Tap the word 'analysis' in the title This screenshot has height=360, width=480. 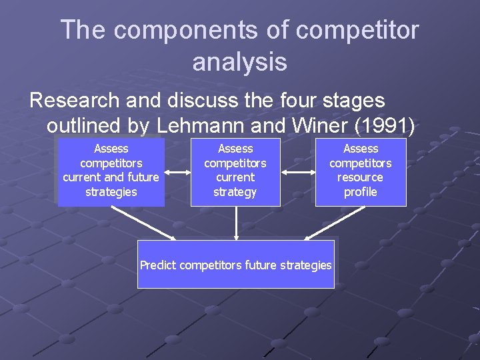point(239,62)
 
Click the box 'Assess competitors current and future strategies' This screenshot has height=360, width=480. point(111,171)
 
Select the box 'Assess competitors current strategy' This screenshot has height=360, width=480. point(235,171)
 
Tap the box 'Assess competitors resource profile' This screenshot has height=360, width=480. point(361,171)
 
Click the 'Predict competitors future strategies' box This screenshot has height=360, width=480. point(235,265)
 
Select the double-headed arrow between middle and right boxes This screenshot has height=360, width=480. point(297,172)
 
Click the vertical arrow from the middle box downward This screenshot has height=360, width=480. point(235,223)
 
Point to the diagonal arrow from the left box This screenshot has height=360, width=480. point(143,223)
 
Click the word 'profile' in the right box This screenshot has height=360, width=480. point(361,192)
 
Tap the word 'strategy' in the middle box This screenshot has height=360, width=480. point(235,192)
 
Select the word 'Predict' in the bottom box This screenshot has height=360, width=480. point(158,265)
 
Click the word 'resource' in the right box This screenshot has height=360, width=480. point(360,177)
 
